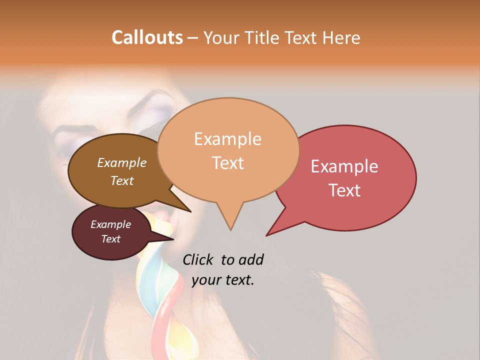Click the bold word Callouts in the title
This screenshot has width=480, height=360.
(147, 37)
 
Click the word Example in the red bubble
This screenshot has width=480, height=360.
(344, 166)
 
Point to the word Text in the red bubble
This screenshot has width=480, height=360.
(344, 190)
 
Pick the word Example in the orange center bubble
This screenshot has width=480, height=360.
(227, 139)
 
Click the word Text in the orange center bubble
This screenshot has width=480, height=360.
(227, 163)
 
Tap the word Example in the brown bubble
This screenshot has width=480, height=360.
(121, 163)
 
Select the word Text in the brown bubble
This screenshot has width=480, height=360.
(121, 180)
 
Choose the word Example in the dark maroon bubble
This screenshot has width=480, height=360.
(110, 224)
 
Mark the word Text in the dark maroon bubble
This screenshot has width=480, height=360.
(110, 239)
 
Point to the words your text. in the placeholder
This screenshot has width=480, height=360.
(223, 280)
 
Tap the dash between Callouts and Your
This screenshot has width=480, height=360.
(193, 38)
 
